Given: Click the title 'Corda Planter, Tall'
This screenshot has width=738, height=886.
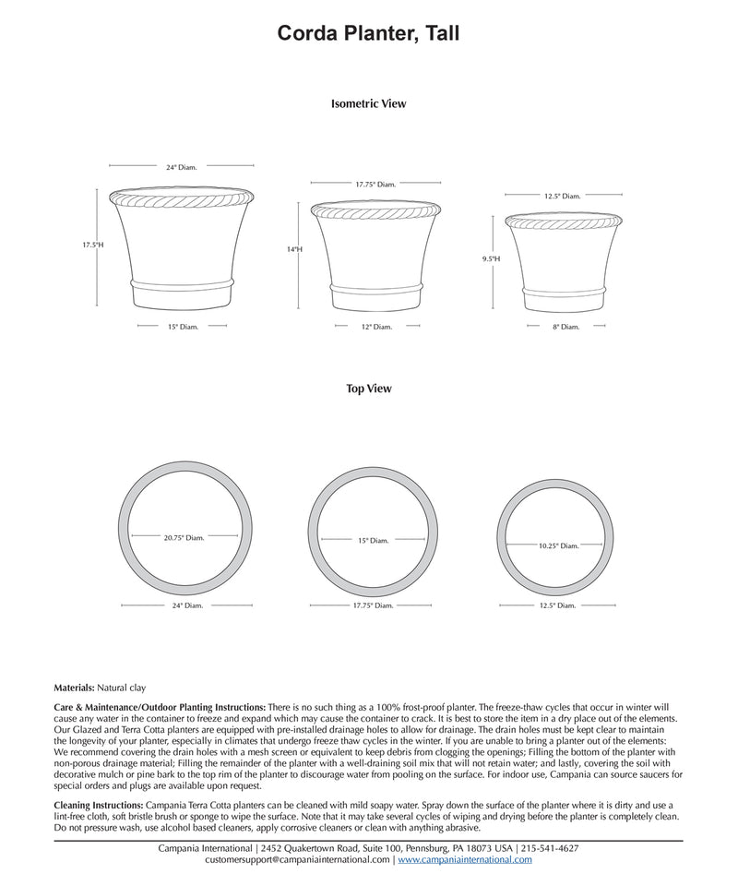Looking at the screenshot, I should (x=369, y=34).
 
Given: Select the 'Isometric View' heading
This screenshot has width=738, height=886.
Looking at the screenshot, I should (x=368, y=104).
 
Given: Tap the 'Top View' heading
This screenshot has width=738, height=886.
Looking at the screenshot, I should (x=369, y=389).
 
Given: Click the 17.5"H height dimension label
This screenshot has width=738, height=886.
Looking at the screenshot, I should (x=92, y=245).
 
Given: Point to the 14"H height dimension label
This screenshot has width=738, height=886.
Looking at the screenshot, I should (x=294, y=250).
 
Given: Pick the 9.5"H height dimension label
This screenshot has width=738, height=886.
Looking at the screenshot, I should (x=490, y=259).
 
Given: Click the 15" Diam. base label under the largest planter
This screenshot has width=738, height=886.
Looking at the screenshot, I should (x=183, y=327).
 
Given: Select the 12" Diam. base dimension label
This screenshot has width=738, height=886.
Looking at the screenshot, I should (x=376, y=327).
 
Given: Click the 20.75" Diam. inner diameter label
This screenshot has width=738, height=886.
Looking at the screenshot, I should (x=184, y=537).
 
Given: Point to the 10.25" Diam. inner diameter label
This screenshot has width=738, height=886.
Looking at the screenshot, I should (x=558, y=546).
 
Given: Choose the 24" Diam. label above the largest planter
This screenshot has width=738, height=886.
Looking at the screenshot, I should (x=182, y=168).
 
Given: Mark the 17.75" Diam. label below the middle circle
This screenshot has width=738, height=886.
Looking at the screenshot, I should (x=373, y=605).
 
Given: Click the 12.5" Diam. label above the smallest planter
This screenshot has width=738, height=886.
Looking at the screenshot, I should (x=562, y=196).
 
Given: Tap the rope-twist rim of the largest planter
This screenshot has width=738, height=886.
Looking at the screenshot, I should (x=181, y=197).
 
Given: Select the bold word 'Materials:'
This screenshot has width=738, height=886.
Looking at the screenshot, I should (x=75, y=688).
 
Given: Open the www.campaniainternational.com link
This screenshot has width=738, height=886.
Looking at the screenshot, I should (x=465, y=859).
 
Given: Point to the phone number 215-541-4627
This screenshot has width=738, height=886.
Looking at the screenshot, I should (x=550, y=848).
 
